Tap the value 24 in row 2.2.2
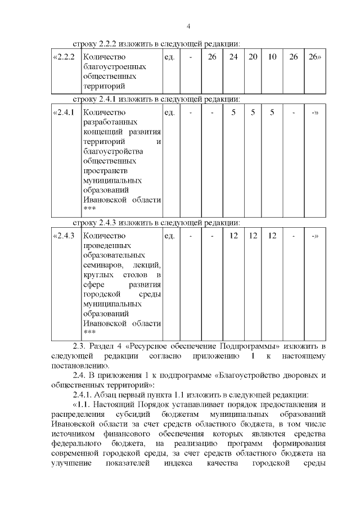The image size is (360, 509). [233, 57]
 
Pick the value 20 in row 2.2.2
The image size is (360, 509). [253, 57]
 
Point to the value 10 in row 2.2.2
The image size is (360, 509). [272, 57]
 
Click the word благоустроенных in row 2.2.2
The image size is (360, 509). [110, 66]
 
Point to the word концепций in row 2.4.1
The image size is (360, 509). [99, 131]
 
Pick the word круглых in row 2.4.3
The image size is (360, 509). [96, 275]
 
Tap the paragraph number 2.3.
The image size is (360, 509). [82, 345]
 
